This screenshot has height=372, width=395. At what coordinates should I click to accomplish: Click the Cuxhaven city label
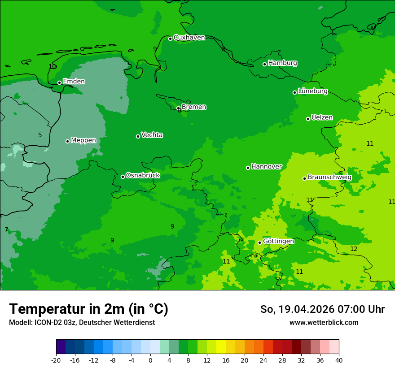(189, 38)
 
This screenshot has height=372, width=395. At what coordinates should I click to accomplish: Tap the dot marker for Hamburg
(264, 64)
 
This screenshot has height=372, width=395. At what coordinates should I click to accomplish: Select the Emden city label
(74, 82)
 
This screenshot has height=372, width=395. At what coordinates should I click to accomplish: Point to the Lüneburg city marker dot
(294, 92)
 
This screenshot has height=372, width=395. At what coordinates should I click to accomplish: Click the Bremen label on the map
(193, 107)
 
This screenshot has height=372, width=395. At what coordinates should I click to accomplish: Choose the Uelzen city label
(322, 118)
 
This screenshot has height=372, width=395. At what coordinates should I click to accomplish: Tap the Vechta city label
(152, 135)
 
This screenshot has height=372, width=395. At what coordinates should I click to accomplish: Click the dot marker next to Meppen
(67, 141)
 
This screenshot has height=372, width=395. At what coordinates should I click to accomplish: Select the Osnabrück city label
(143, 176)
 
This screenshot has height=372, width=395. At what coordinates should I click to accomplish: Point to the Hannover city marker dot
(248, 168)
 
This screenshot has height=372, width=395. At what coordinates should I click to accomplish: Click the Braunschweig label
(329, 177)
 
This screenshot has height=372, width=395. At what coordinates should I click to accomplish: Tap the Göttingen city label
(278, 242)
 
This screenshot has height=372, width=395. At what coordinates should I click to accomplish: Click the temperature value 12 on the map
(354, 249)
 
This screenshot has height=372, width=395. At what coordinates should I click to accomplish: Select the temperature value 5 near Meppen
(40, 135)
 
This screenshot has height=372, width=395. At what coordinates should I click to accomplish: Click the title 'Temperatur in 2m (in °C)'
(88, 309)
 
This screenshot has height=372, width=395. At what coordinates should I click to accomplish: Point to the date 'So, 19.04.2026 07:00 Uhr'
(322, 309)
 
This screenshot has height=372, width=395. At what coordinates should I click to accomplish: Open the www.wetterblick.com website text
(324, 323)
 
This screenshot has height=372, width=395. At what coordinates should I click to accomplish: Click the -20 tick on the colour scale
(56, 360)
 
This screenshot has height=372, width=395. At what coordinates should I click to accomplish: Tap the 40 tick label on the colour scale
(338, 360)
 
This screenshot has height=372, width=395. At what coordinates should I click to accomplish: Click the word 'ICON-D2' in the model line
(47, 323)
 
